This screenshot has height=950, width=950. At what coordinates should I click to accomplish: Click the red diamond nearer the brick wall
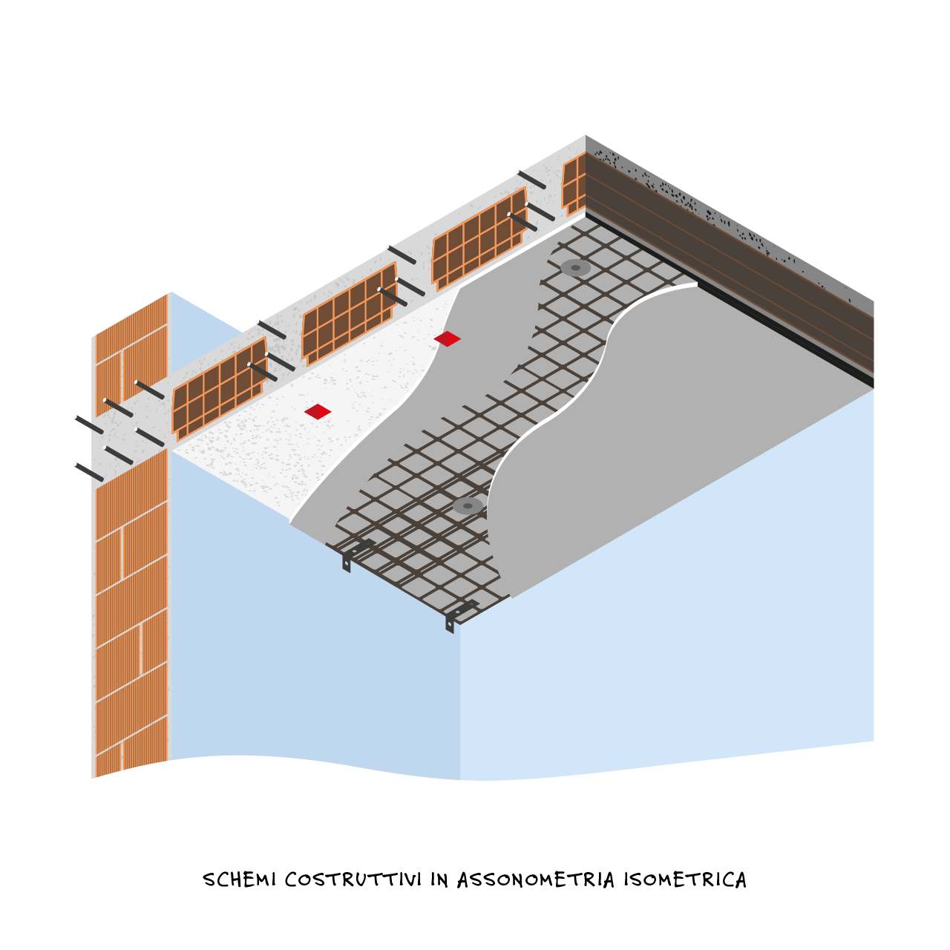[318, 411]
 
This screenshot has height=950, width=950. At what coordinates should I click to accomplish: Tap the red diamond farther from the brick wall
[447, 338]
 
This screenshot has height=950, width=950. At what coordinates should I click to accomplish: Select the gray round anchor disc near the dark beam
[575, 268]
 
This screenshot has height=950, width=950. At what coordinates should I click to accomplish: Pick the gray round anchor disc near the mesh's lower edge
[468, 506]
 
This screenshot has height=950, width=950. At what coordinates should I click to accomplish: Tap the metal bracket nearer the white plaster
[356, 554]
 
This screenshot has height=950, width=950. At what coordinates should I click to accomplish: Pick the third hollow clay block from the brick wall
[479, 238]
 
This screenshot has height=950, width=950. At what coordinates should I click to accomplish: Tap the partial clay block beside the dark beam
[574, 184]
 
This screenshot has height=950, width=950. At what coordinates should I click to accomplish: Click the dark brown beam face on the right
[730, 261]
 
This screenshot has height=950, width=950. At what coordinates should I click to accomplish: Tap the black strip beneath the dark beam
[730, 300]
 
